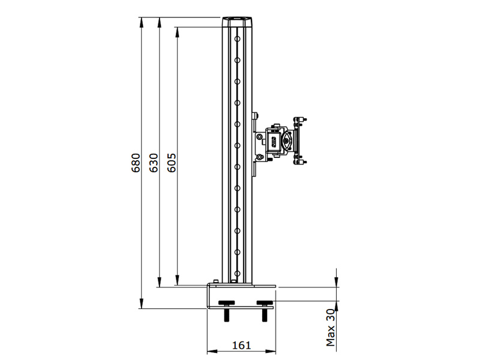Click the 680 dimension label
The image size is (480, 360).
(x=136, y=163)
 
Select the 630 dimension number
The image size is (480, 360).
(x=154, y=163)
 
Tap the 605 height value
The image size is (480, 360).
(x=172, y=163)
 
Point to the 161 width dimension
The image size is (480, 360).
(x=242, y=346)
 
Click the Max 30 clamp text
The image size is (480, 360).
(x=331, y=327)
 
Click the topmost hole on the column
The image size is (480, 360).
(x=237, y=39)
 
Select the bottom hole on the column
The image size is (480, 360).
(x=237, y=273)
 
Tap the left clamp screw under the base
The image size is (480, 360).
(x=227, y=310)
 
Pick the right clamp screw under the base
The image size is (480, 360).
(x=265, y=310)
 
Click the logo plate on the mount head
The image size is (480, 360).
(x=274, y=142)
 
